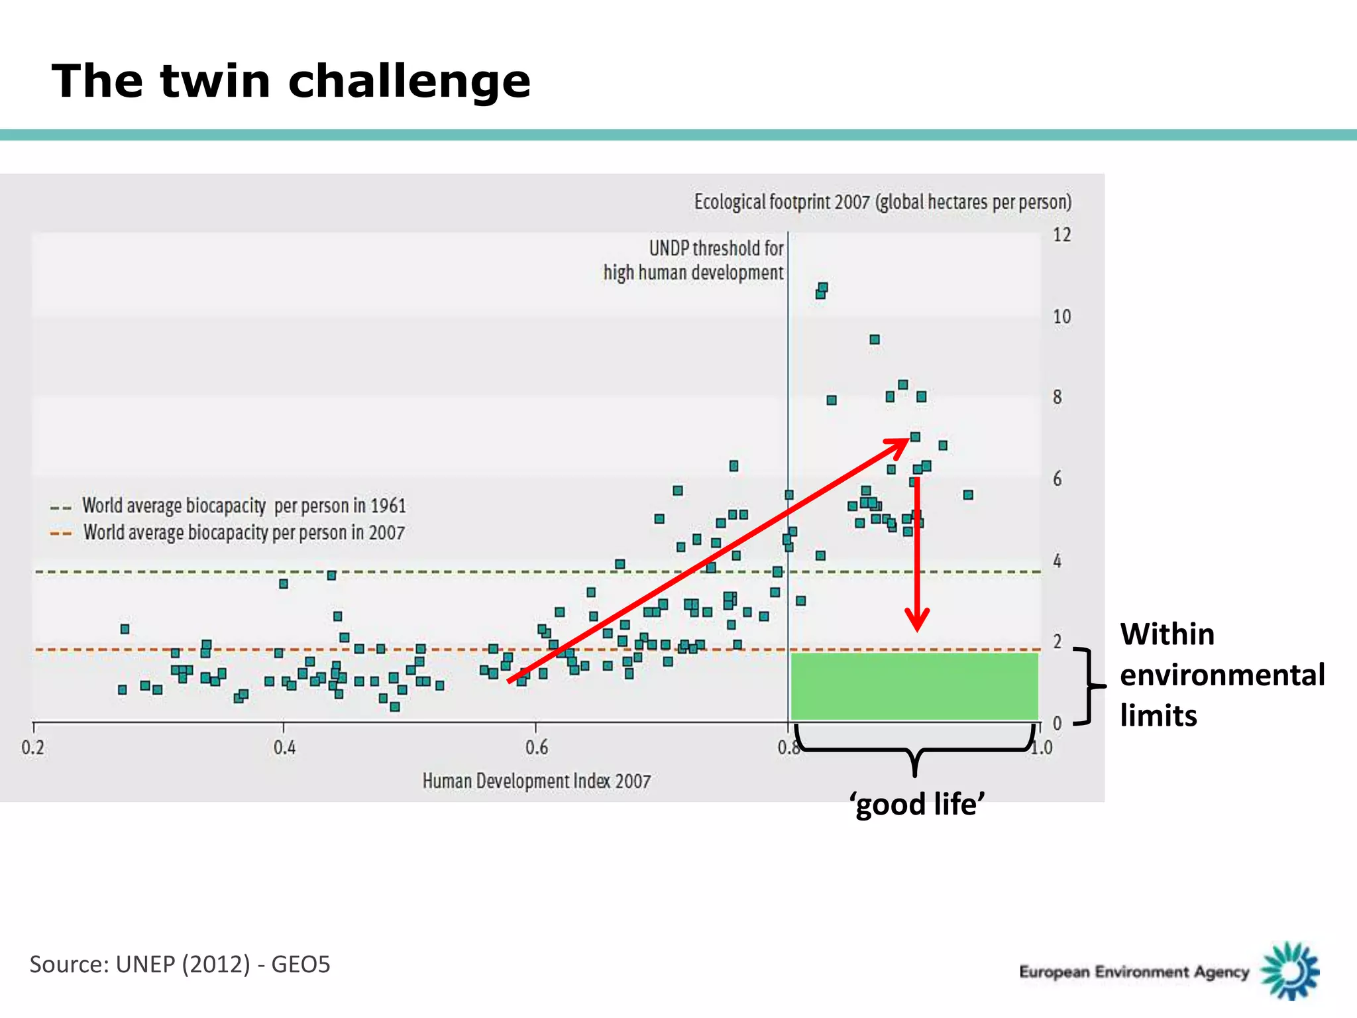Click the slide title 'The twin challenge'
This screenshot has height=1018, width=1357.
tap(291, 81)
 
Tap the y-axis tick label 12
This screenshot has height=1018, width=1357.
tap(1061, 235)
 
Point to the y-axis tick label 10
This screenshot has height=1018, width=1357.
tap(1061, 317)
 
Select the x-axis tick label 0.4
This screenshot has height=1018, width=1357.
tap(284, 748)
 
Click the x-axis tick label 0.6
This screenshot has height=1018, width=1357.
tap(537, 748)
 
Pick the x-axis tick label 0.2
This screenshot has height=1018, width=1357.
tap(33, 748)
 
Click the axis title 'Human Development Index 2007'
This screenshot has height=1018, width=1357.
tap(537, 781)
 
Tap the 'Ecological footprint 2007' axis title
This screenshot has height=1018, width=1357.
tap(883, 201)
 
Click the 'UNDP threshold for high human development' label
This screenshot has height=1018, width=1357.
tap(693, 260)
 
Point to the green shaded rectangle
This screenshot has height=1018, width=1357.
tap(914, 686)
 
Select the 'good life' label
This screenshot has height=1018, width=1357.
tap(917, 805)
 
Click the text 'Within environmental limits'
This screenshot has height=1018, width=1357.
tap(1221, 675)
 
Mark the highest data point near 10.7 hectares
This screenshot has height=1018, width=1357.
tap(823, 288)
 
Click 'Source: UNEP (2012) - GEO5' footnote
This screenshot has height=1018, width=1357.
tap(180, 964)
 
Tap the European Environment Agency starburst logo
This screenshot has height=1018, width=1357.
tap(1289, 971)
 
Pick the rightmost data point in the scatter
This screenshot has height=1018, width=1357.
tap(968, 495)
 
